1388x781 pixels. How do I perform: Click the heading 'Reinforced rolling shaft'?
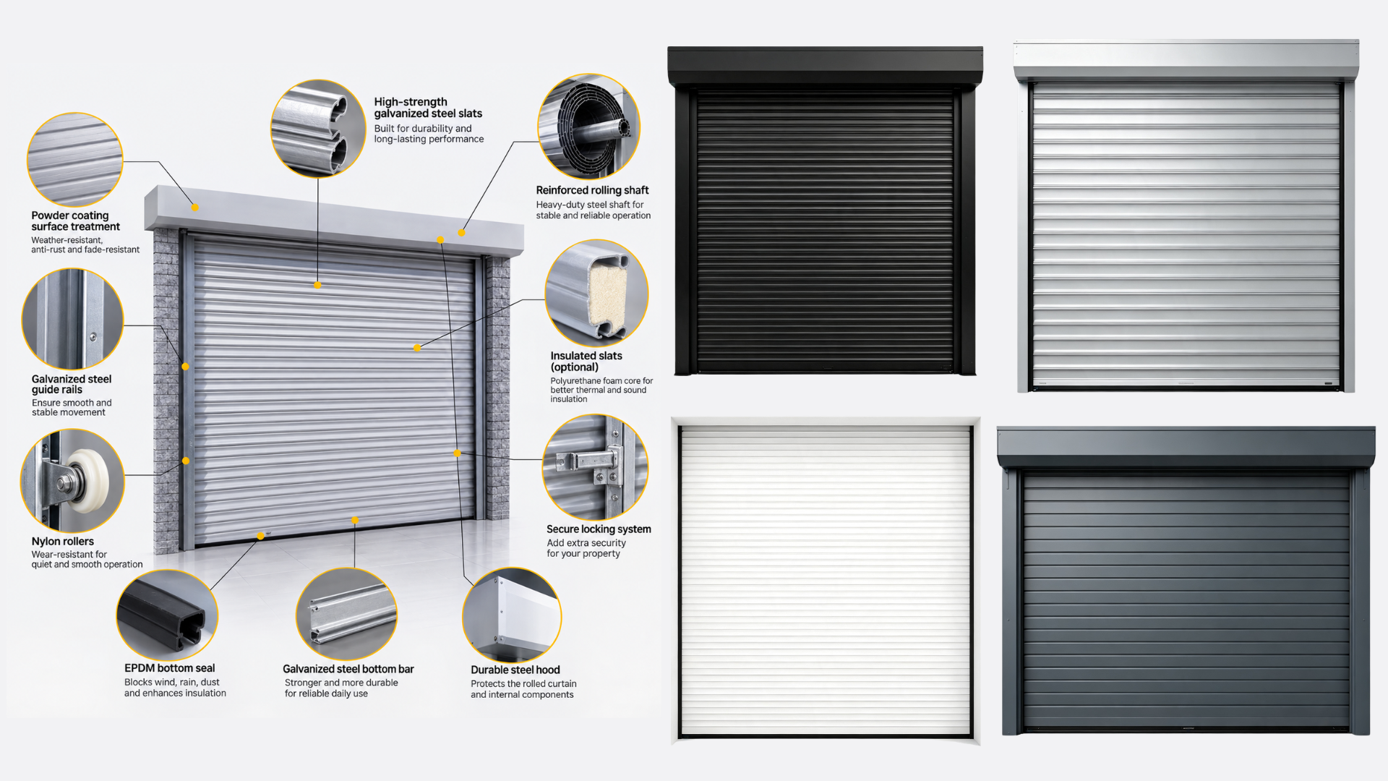[592, 190]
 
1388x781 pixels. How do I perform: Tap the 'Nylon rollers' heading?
[63, 542]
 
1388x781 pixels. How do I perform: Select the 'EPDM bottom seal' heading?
[169, 668]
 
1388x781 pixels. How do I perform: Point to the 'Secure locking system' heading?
[599, 529]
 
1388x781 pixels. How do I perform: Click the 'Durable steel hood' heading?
[515, 670]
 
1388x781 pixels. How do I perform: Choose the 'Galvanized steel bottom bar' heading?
[348, 669]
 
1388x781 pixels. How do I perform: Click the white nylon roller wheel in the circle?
[89, 481]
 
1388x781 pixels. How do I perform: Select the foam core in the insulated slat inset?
[608, 295]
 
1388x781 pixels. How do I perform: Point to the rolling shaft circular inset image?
[588, 127]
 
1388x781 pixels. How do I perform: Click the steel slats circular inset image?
[318, 128]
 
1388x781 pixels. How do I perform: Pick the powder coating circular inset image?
[74, 160]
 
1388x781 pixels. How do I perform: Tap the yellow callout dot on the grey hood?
[195, 208]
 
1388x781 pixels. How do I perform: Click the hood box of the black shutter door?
[825, 67]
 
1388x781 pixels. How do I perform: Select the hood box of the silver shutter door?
[1186, 59]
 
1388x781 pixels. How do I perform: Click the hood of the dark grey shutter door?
[1186, 447]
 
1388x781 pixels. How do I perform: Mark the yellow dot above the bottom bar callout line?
[355, 520]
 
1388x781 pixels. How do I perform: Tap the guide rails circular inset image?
[73, 319]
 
